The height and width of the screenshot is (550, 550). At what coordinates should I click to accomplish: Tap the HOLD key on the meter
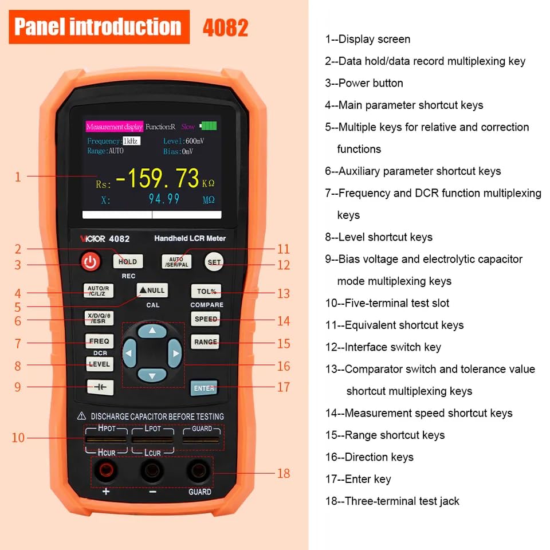(128, 262)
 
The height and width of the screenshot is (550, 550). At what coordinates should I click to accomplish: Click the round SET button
(214, 262)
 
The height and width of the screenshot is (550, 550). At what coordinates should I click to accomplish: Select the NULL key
(152, 290)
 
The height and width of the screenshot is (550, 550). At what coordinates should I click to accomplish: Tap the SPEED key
(206, 319)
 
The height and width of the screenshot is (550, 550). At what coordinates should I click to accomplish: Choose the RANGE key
(206, 342)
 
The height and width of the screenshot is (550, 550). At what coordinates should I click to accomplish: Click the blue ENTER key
(204, 388)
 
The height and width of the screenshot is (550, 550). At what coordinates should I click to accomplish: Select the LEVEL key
(99, 364)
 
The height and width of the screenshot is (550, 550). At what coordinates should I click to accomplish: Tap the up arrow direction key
(152, 331)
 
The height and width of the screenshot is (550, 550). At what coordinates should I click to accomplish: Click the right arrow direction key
(174, 353)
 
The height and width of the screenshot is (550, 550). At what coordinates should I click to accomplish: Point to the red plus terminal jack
(105, 472)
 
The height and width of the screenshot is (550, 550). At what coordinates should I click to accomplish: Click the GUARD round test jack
(199, 472)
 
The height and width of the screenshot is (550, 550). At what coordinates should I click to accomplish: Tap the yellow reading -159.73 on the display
(158, 179)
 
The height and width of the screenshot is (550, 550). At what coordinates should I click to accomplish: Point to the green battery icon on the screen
(208, 126)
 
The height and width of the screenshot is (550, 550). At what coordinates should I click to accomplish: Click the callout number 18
(283, 473)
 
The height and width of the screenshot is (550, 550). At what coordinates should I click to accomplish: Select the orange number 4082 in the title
(226, 27)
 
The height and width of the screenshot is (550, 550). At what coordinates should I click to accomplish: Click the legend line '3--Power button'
(364, 83)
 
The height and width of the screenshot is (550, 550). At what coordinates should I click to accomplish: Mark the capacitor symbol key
(100, 387)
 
